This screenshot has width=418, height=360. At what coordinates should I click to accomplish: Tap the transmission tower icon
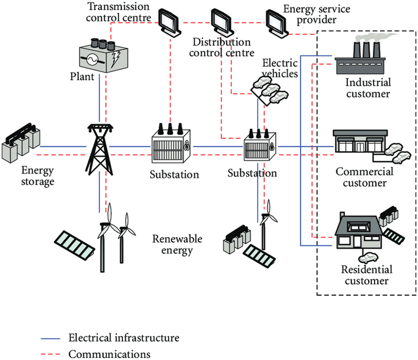(100, 149)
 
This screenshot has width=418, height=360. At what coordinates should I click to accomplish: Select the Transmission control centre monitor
(169, 21)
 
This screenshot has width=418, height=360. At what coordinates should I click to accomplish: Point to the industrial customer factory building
(360, 59)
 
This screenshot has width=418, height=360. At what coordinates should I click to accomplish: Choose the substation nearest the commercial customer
(260, 145)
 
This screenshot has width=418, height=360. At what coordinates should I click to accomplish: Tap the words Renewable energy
(177, 244)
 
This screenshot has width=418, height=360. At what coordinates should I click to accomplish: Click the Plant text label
(82, 77)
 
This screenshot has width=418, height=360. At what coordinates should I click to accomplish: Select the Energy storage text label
(37, 176)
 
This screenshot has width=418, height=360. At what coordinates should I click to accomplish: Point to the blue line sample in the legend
(50, 339)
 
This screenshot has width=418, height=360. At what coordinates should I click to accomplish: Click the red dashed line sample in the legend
(50, 354)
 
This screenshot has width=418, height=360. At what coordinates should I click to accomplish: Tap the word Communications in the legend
(109, 354)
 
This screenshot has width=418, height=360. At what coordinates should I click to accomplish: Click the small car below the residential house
(368, 258)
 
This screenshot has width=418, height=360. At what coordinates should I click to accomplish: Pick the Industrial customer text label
(368, 88)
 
